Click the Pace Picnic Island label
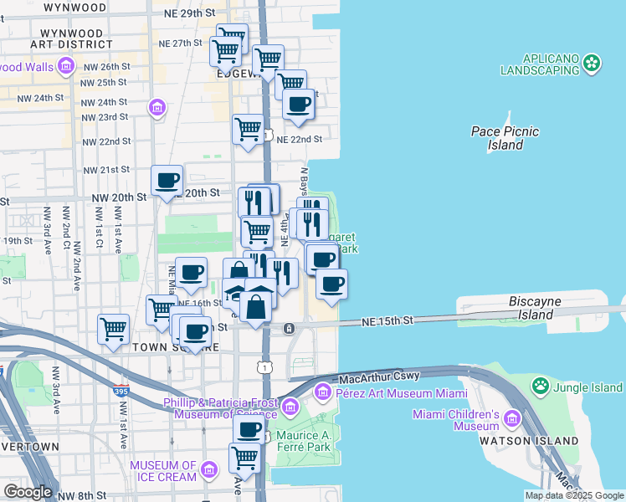click(505, 138)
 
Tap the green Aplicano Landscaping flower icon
click(593, 62)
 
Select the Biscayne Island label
click(542, 308)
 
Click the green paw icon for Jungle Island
click(541, 387)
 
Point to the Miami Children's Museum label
click(455, 421)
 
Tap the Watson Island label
click(528, 440)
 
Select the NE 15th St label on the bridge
click(387, 320)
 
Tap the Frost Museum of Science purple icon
click(290, 407)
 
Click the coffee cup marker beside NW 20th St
click(167, 180)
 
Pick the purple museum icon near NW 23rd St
click(156, 107)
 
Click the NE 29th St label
click(187, 15)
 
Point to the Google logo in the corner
click(27, 492)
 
